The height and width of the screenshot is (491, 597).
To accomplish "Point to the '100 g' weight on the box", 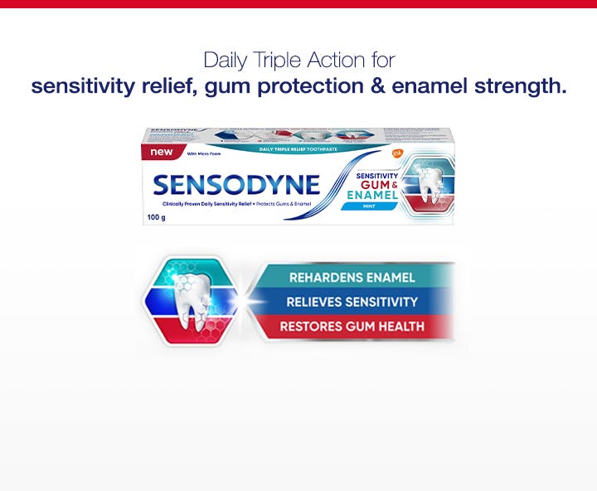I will pos(157,218).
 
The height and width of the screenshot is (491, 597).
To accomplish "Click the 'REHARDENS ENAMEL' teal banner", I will pos(352,277).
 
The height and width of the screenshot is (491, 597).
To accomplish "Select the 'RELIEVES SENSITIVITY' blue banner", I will pos(352,302).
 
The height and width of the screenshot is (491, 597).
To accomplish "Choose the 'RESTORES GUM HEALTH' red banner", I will pos(352,327).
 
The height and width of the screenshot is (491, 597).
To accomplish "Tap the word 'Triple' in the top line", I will pos(281,61).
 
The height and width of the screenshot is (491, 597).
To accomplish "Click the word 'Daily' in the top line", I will pos(226,61).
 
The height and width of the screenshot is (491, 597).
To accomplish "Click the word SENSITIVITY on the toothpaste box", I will pos(377,175).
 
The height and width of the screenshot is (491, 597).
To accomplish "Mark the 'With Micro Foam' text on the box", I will pos(201,154).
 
